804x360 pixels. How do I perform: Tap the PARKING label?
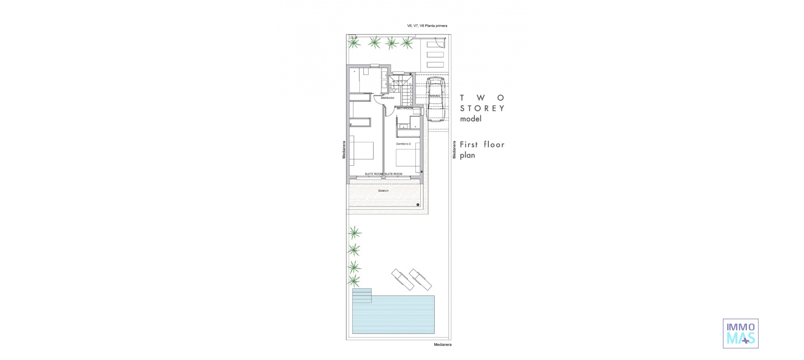(434, 96)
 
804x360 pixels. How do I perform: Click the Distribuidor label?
(388, 98)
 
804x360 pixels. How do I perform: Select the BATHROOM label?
(405, 108)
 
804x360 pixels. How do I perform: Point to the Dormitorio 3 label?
(403, 144)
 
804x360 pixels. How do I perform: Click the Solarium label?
(383, 191)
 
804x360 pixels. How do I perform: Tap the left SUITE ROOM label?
(374, 174)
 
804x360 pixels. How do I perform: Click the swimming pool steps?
(362, 296)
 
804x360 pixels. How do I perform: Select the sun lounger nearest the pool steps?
(402, 279)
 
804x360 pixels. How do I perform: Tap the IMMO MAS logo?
(740, 333)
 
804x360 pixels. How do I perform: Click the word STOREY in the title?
(482, 108)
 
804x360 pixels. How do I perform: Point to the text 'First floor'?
(482, 145)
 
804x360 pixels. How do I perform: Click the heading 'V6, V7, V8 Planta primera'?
(427, 26)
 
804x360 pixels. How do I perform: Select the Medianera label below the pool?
(442, 345)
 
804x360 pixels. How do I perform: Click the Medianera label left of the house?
(344, 149)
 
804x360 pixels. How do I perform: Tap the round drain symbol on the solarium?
(418, 205)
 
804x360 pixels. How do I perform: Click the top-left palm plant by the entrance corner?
(354, 43)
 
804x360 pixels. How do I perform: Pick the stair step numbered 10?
(410, 84)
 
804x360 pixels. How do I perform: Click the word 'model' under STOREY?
(471, 119)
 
